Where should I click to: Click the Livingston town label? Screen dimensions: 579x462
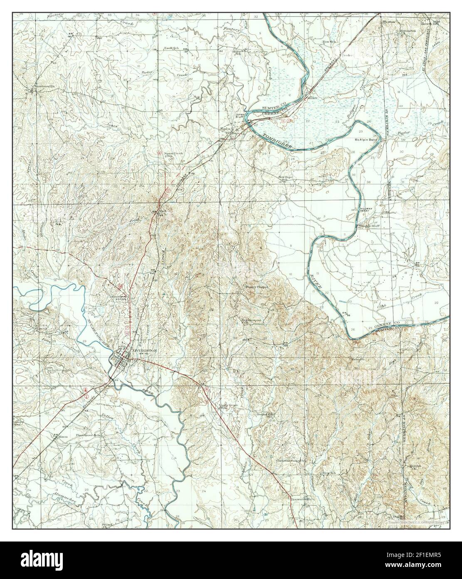[x=144, y=351]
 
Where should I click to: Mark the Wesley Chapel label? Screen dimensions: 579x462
[x=257, y=287]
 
